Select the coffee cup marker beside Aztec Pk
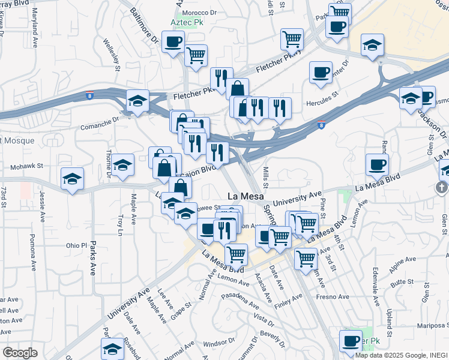[173, 43]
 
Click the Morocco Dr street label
[200, 12]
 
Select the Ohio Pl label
[76, 245]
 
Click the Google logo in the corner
[20, 353]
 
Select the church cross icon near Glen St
[441, 188]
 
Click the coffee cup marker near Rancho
[378, 164]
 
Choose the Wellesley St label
[113, 51]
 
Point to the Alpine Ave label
[403, 261]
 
